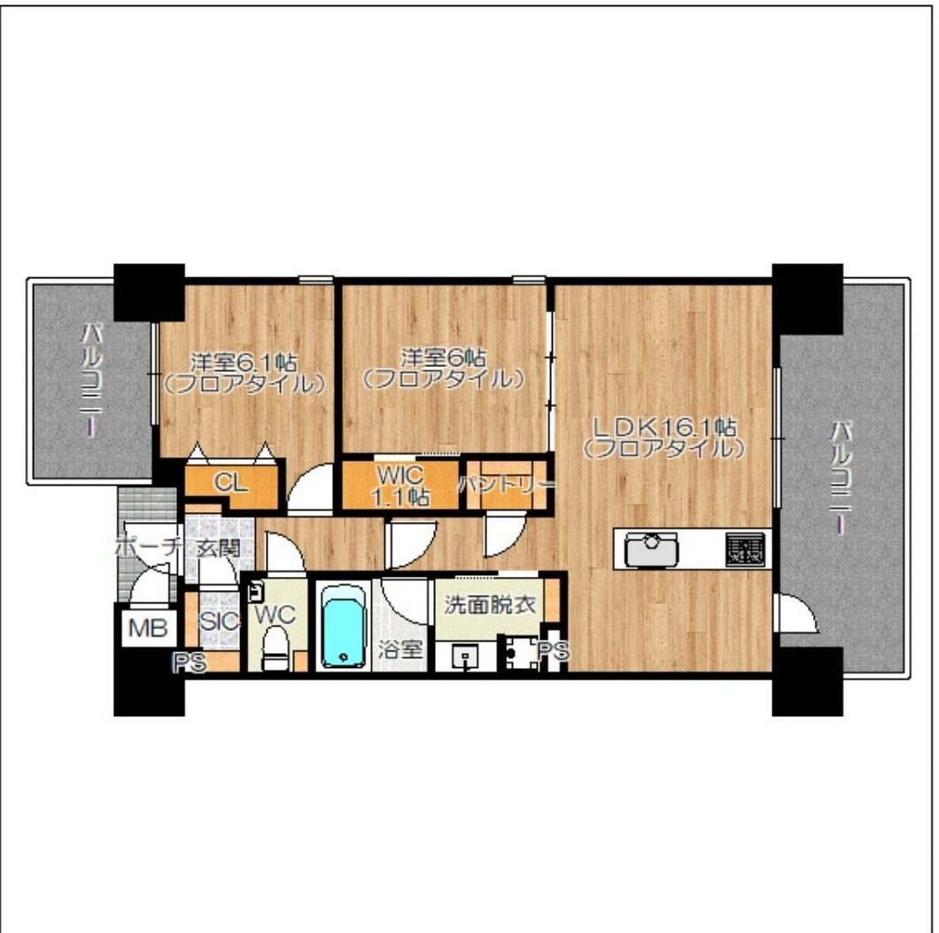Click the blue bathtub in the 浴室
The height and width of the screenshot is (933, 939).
coord(344,626)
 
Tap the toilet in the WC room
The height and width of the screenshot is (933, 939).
coord(275,647)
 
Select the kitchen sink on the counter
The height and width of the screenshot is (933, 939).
coord(651,549)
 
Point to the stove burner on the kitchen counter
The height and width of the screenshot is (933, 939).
coord(746,549)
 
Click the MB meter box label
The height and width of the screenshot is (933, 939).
coord(148,628)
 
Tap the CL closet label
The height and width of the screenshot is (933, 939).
coord(231,482)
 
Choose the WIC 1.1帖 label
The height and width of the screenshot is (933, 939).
coord(400,486)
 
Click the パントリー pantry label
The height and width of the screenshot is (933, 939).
coord(507,484)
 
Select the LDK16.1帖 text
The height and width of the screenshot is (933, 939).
coord(664,427)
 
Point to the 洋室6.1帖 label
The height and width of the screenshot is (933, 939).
coord(244,362)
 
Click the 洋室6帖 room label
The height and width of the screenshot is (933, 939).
coord(444,357)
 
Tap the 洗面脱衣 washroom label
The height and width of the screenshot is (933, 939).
coord(490,605)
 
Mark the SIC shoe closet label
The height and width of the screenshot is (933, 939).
coord(219,621)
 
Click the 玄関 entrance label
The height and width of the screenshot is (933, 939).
coord(219,548)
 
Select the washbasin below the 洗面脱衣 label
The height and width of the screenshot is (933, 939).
coord(465,657)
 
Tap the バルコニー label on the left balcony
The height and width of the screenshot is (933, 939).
coord(91,380)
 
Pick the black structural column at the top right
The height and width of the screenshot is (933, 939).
coord(807,299)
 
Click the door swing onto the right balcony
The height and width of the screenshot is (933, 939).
coord(796,612)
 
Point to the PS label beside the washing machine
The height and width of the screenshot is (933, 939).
coord(554,651)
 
